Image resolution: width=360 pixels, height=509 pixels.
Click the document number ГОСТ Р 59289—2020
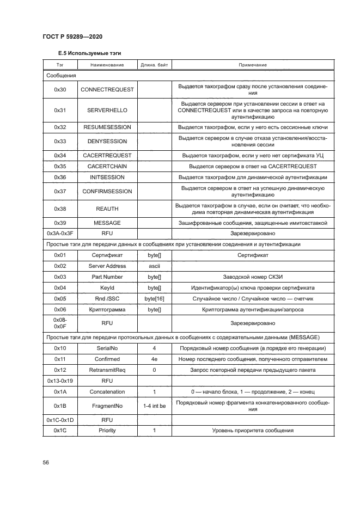[72, 36]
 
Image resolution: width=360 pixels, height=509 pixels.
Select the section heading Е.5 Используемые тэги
[89, 54]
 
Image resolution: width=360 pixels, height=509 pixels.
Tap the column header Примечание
[253, 65]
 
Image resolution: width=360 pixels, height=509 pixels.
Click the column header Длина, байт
[155, 65]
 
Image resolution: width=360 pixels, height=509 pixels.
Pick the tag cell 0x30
[60, 89]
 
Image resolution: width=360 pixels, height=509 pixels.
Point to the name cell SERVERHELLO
[107, 110]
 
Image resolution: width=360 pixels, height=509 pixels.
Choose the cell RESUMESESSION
[107, 127]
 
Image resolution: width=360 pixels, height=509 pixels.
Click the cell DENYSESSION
[107, 141]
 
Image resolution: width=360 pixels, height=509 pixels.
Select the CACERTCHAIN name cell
[107, 166]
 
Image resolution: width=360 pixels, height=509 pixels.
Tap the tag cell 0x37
[60, 191]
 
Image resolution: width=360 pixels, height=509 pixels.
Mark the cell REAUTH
[107, 208]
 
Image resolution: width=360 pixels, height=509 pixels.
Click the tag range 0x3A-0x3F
[60, 233]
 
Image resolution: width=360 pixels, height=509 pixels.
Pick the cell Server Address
[107, 266]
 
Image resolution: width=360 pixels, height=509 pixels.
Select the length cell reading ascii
[155, 266]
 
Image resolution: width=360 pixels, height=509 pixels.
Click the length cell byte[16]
[155, 298]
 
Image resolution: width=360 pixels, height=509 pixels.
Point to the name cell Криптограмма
[107, 309]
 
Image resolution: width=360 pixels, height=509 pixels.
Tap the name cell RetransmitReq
[107, 370]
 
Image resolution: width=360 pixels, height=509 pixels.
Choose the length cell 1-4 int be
[155, 406]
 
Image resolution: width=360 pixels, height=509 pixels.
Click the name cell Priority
[107, 431]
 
